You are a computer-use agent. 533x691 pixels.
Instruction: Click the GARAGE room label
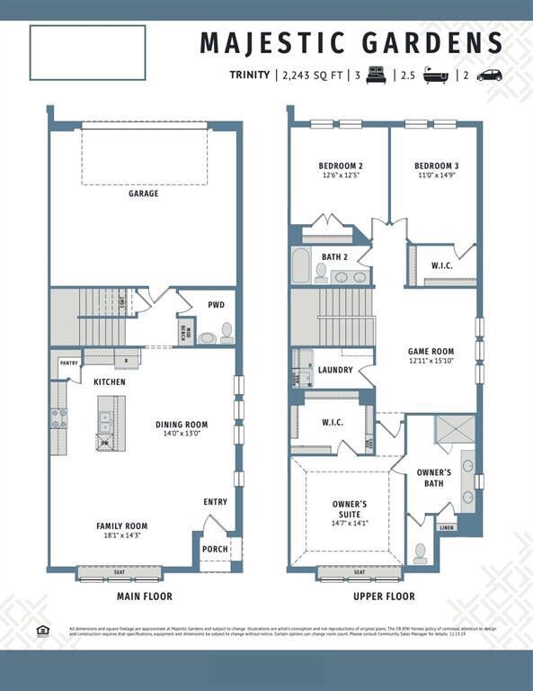tap(143, 193)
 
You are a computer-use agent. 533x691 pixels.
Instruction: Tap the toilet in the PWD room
tap(227, 332)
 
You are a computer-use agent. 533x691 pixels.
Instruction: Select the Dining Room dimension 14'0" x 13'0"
tap(182, 434)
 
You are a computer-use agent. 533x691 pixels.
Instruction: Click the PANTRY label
tap(69, 363)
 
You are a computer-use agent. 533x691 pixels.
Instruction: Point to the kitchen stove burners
tap(58, 417)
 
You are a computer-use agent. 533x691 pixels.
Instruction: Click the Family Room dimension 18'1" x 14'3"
tap(122, 536)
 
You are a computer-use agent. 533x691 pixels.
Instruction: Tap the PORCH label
tap(216, 550)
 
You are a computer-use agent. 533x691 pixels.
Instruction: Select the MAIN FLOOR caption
tap(145, 597)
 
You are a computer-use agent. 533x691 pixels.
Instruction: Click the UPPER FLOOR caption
tap(384, 597)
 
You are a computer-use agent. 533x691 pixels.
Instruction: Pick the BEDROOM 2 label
tap(341, 166)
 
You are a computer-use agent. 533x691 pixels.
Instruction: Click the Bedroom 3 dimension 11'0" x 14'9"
tap(437, 176)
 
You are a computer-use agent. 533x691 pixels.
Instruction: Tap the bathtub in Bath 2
tap(301, 267)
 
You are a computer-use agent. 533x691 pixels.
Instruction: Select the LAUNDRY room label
tap(335, 370)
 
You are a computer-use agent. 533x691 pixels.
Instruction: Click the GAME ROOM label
tap(431, 352)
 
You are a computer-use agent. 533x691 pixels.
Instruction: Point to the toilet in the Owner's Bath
tap(420, 552)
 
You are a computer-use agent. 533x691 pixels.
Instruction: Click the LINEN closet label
tap(447, 528)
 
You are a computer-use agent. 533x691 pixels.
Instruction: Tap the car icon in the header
tap(490, 76)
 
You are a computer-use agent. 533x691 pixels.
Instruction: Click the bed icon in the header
tap(376, 76)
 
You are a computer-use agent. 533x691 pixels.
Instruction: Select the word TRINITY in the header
tap(249, 76)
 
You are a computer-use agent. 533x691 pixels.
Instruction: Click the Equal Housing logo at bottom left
tap(42, 630)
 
